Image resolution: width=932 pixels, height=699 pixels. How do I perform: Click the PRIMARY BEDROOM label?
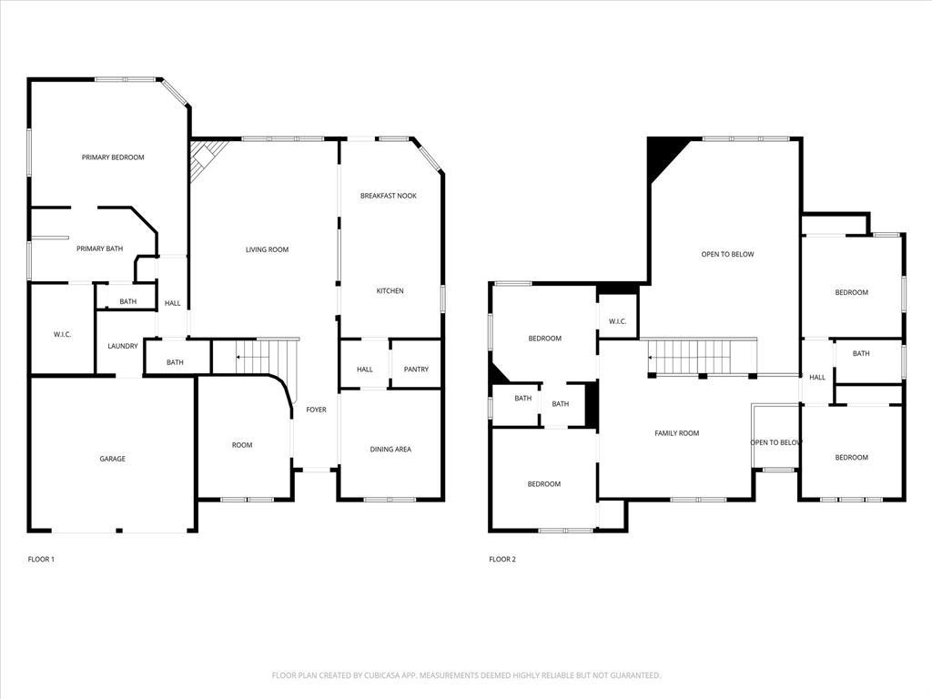click(x=113, y=157)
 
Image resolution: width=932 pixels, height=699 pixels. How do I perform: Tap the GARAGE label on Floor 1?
click(x=113, y=459)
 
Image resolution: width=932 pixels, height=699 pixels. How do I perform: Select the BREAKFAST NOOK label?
click(x=389, y=196)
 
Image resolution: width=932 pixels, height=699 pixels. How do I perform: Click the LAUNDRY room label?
click(x=122, y=346)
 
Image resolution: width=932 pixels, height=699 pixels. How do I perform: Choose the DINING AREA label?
click(x=390, y=449)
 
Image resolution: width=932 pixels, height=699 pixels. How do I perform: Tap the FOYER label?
click(x=316, y=410)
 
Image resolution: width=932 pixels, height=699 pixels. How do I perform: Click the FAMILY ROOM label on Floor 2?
click(x=677, y=433)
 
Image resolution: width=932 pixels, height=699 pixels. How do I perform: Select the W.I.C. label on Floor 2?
click(x=617, y=320)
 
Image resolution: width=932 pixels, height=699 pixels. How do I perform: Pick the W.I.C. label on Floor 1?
click(x=63, y=335)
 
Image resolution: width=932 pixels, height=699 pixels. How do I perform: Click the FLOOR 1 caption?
click(x=41, y=559)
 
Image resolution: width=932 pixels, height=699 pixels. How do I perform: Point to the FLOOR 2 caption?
click(x=502, y=559)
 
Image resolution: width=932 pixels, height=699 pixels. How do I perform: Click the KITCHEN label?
click(x=390, y=291)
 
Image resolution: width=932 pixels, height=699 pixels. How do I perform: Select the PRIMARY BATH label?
click(x=99, y=248)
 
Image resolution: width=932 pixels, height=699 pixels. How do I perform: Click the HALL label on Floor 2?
click(x=817, y=377)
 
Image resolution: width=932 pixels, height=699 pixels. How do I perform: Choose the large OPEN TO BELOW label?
click(x=727, y=254)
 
